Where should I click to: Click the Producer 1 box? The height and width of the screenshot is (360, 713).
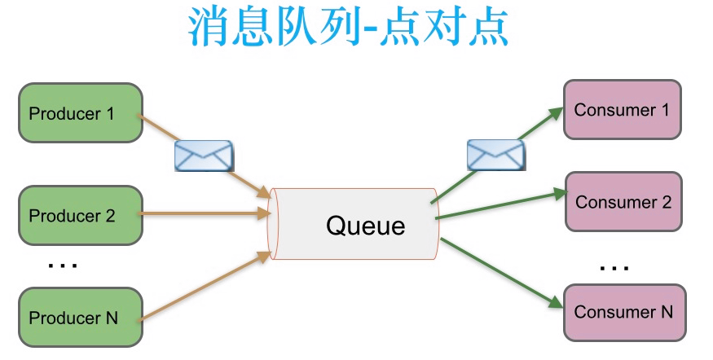[x=80, y=112]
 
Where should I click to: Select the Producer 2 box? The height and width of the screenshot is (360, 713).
[x=80, y=216]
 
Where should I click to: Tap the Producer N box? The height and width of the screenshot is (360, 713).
[x=80, y=317]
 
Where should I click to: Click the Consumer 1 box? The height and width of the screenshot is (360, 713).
[x=622, y=109]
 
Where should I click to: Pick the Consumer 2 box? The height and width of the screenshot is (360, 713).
[x=623, y=201]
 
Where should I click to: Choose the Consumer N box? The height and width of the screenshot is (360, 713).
[x=623, y=312]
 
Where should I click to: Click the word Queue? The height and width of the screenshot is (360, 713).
[x=365, y=225]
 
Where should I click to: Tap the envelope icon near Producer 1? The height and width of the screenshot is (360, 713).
[x=204, y=156]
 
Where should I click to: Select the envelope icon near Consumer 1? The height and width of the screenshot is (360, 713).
[x=495, y=154]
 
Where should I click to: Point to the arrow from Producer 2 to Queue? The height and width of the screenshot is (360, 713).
[x=204, y=216]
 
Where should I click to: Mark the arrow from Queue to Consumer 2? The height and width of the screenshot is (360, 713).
[x=501, y=205]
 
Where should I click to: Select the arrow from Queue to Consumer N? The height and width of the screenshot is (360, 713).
[x=501, y=272]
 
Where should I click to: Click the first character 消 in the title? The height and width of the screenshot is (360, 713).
[x=209, y=29]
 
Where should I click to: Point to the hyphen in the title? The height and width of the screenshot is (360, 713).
[x=372, y=30]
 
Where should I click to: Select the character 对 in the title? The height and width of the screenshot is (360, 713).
[x=440, y=29]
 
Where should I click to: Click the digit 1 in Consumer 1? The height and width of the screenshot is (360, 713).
[x=664, y=109]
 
